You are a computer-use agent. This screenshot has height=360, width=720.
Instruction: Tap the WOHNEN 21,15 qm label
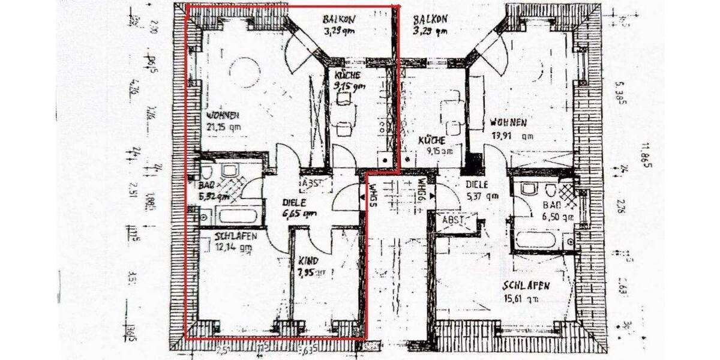point(223,120)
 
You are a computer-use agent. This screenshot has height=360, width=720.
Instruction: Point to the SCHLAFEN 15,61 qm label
point(526,292)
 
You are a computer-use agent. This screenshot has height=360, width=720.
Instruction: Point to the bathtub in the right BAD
point(539,241)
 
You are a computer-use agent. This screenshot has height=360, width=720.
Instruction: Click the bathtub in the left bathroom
point(238,215)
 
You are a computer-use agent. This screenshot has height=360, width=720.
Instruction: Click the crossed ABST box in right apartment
point(454,220)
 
